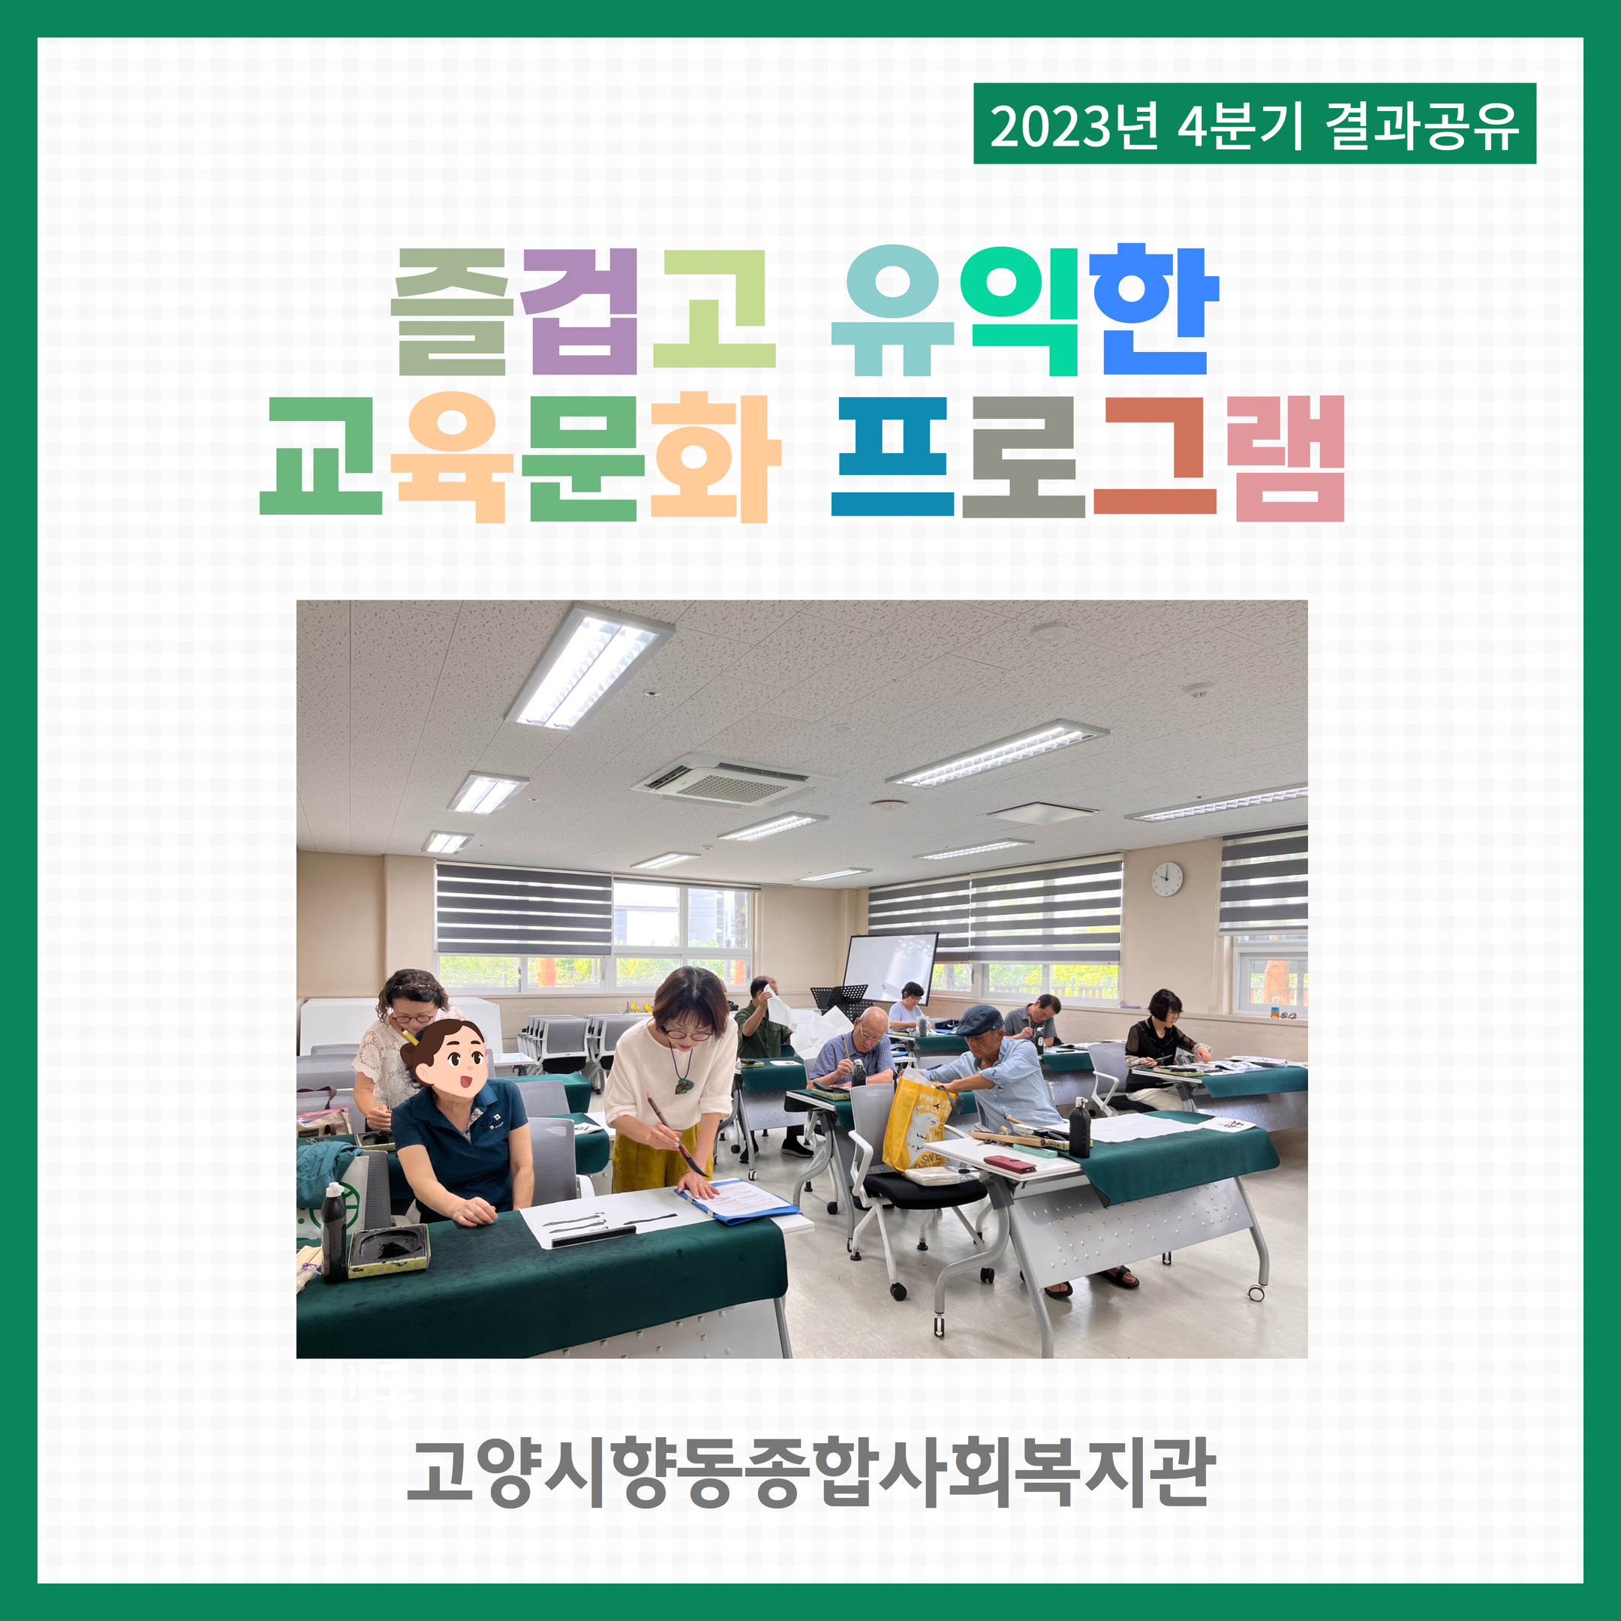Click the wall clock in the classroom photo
point(1166,880)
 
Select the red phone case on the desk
point(1009,1165)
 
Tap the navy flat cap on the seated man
point(980,1021)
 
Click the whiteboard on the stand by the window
point(889,967)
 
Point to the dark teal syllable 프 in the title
point(893,456)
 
